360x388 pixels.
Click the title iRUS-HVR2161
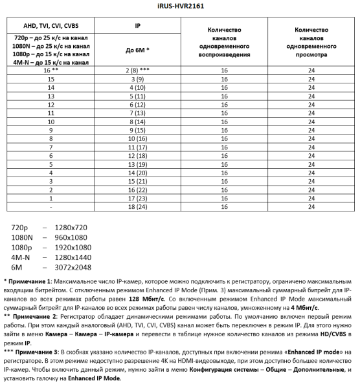[179, 6]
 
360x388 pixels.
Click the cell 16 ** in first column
[51, 70]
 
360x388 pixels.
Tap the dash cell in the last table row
[51, 208]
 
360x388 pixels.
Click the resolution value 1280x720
[71, 228]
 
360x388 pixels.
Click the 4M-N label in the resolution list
[21, 257]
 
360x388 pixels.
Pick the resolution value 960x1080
[71, 238]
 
